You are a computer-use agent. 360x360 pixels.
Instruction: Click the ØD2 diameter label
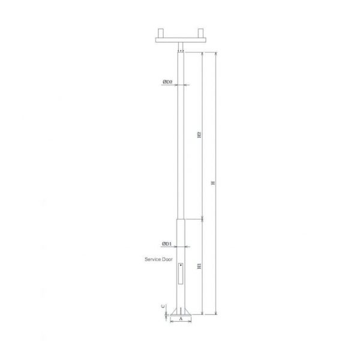point(167,82)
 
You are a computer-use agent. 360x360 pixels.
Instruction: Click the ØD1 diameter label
point(167,244)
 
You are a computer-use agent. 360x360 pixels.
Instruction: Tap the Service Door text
point(158,259)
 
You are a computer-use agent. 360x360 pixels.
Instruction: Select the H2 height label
point(199,135)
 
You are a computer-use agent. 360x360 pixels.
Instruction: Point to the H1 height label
point(199,266)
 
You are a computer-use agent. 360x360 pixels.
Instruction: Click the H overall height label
point(213,183)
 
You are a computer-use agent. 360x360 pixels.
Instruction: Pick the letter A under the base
point(181,319)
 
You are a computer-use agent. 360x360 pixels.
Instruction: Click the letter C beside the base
point(163,306)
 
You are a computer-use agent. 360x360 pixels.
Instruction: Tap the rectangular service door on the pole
point(181,274)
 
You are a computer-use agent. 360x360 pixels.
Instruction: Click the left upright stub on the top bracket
point(160,33)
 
